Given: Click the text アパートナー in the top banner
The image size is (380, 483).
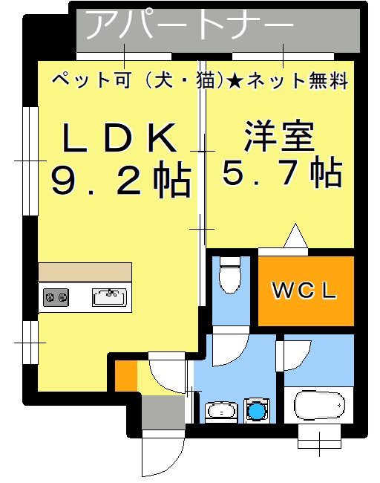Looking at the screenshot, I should click(x=190, y=26).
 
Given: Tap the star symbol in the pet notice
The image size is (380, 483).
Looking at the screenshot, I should click(x=235, y=81).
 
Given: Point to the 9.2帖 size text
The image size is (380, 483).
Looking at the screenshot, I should click(x=121, y=181).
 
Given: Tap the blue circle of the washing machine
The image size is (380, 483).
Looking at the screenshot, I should click(x=256, y=410).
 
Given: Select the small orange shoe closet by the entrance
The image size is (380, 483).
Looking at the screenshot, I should click(x=125, y=376).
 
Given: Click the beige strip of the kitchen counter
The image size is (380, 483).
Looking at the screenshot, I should click(x=85, y=271).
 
